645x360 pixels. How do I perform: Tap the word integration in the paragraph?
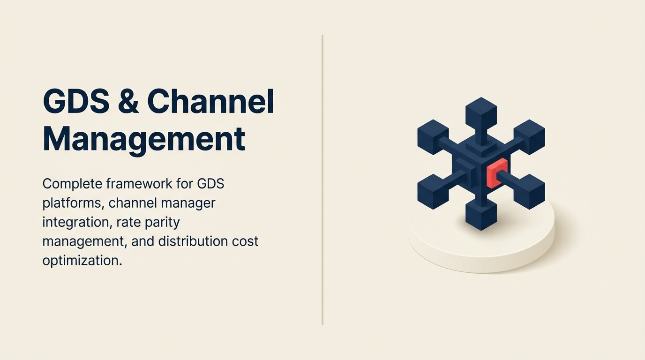(75, 222)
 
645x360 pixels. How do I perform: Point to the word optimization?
(82, 260)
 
